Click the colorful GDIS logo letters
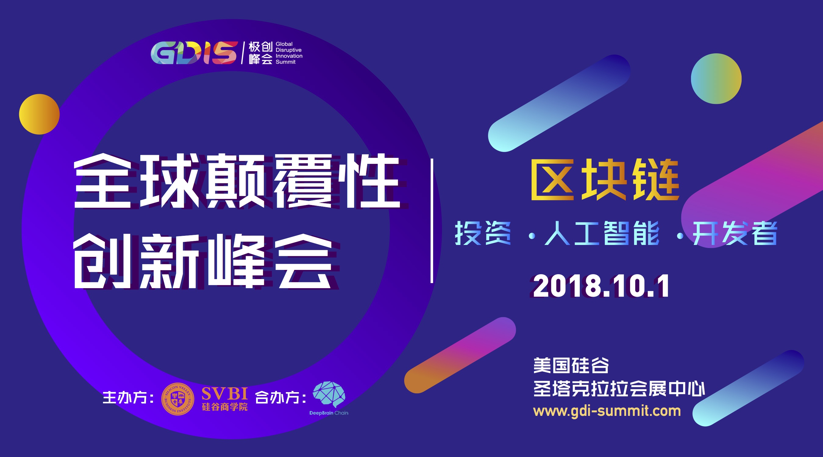point(194,53)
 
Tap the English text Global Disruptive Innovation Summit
point(289,53)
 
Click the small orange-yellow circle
point(39,114)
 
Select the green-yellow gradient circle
point(716,79)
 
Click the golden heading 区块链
point(605,180)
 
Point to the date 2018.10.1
point(600,286)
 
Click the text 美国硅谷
point(571,365)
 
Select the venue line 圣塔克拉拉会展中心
point(619,389)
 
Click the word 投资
point(483,233)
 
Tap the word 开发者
point(735,233)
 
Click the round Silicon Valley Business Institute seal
point(178,399)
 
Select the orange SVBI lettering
point(225,393)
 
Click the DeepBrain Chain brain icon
point(329,394)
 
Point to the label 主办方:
point(128,398)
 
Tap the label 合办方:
point(280,398)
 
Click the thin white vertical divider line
point(432,221)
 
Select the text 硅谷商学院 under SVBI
point(225,407)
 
